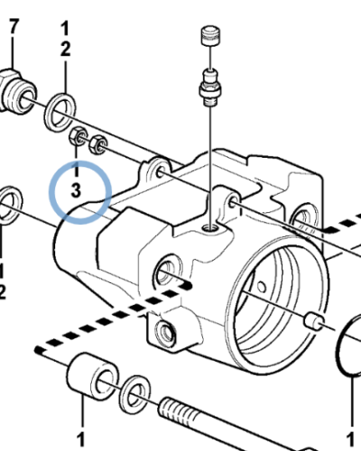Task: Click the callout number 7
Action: tap(13, 26)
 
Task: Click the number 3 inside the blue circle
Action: tap(76, 190)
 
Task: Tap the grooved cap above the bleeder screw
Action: tap(210, 36)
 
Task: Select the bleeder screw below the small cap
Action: tap(210, 87)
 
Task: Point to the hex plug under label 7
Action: tap(16, 91)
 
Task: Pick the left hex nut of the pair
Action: tap(79, 136)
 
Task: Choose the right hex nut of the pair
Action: tap(98, 144)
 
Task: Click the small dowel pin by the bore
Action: tap(314, 321)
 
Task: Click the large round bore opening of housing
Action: tap(277, 304)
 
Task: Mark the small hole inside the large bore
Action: tap(262, 286)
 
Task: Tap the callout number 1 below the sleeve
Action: tap(80, 440)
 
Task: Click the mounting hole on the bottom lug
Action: tap(164, 332)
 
